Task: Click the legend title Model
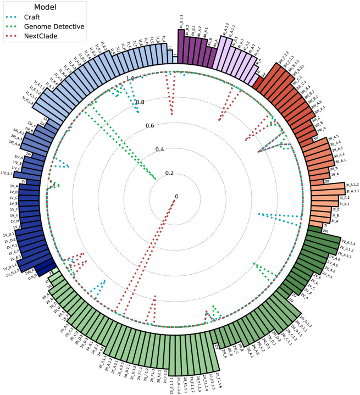[47, 7]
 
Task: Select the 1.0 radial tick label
[130, 79]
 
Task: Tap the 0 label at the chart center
[176, 196]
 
